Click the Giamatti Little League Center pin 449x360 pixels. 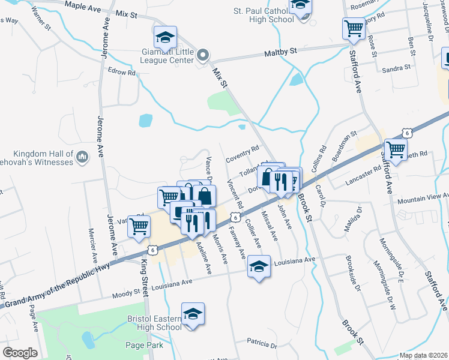tap(203, 56)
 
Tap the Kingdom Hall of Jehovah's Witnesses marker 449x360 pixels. tap(82, 158)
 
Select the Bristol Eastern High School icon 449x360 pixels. tap(193, 314)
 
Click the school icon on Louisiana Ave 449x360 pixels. tap(259, 266)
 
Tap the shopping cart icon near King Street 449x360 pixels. tap(139, 227)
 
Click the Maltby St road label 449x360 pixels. tap(281, 53)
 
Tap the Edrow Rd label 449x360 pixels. tap(122, 72)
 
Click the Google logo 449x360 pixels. tap(20, 353)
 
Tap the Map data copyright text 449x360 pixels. tap(424, 355)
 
